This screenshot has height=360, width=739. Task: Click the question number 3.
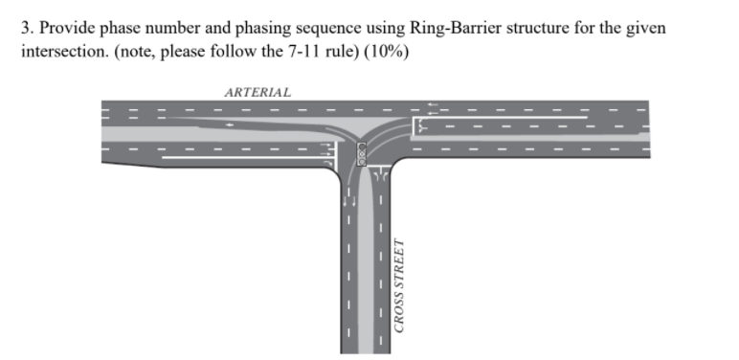pos(26,29)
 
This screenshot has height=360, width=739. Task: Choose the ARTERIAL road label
pos(258,91)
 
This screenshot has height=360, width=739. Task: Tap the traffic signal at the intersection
pos(362,153)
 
